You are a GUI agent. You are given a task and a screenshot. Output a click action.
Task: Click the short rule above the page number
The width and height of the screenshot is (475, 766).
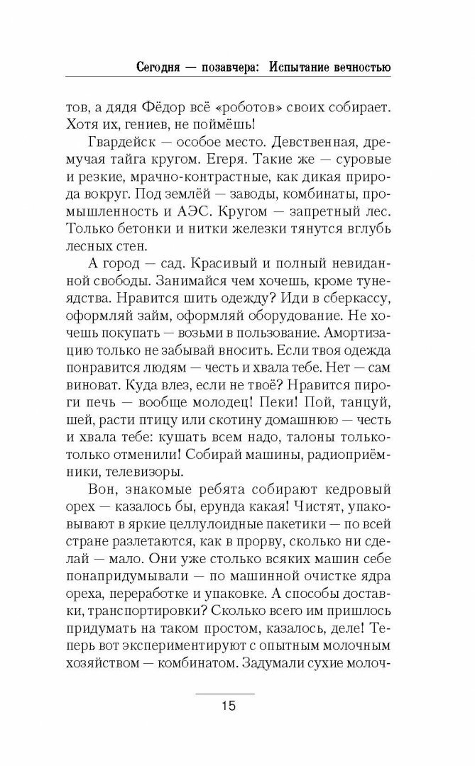click(x=226, y=692)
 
